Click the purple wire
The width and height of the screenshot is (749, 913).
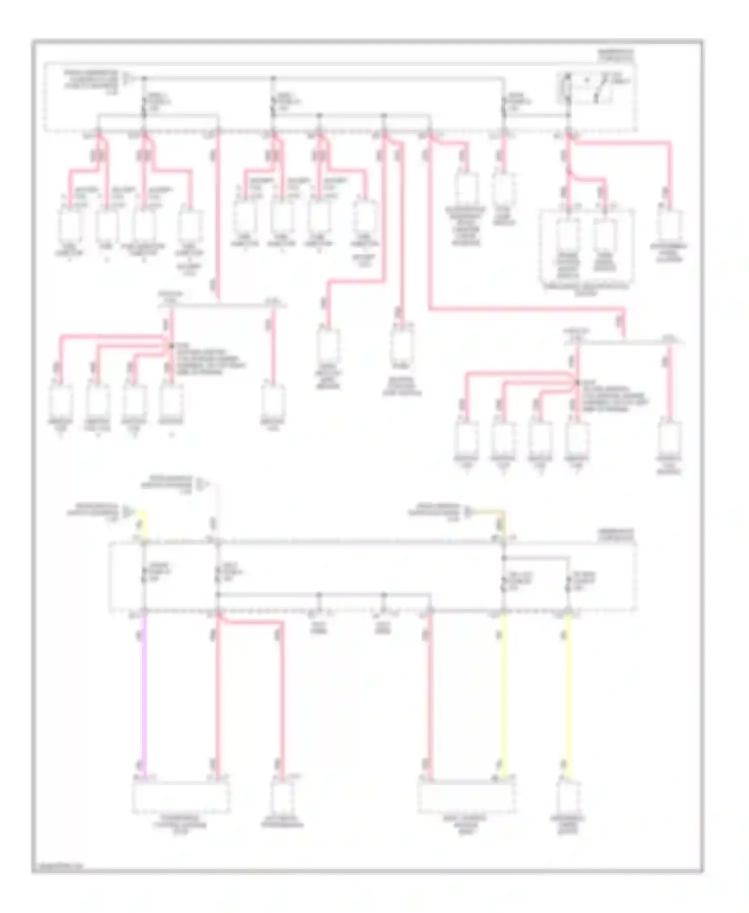coord(144,699)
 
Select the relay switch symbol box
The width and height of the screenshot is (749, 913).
coord(585,88)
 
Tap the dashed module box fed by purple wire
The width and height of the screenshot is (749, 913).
coord(181,797)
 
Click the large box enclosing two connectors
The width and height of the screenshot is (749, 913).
coord(586,247)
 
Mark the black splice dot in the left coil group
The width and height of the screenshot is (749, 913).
coord(171,345)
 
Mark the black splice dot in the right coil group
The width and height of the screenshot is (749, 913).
coord(577,383)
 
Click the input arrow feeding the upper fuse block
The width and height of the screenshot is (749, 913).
coord(127,78)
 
